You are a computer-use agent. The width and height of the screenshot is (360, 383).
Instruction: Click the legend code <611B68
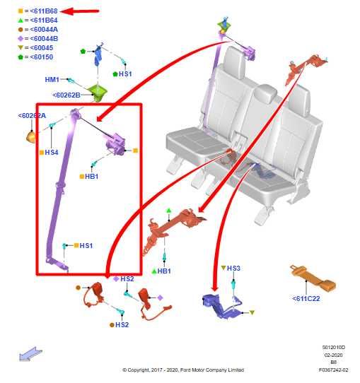[x=44, y=11]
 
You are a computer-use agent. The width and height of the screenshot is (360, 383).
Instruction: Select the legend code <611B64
[x=44, y=20]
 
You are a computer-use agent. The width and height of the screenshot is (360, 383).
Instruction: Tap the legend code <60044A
[x=44, y=30]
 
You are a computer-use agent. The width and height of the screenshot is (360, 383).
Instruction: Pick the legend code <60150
[x=41, y=57]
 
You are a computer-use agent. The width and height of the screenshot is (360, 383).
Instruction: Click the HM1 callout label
[x=52, y=79]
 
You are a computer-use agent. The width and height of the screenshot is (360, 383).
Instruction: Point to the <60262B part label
[x=66, y=95]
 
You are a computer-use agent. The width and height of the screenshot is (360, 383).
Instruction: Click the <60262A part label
[x=32, y=115]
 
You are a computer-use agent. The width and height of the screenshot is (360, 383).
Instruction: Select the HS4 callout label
[x=52, y=153]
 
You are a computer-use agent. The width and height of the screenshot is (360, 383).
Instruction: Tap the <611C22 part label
[x=306, y=298]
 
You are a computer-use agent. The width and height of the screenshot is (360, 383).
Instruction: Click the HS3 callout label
[x=233, y=269]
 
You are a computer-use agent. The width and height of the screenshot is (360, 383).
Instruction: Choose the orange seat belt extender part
[x=313, y=278]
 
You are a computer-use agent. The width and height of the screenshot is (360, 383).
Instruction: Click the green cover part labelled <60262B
[x=98, y=93]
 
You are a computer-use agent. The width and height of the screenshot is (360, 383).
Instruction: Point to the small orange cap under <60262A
[x=31, y=136]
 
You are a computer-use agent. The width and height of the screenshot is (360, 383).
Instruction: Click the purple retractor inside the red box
[x=115, y=145]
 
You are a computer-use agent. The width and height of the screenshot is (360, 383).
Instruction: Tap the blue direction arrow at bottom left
[x=30, y=354]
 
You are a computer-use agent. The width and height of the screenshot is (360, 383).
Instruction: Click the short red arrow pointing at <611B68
[x=79, y=11]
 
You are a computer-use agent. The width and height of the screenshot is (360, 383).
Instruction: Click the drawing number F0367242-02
[x=333, y=370]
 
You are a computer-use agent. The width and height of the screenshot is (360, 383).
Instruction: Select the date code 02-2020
[x=333, y=355]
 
